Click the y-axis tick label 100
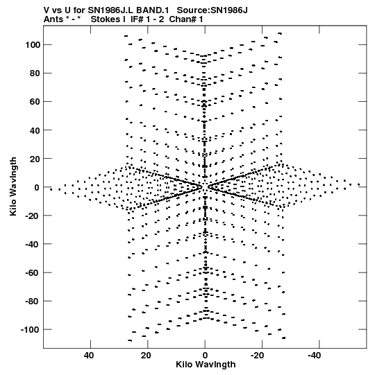pyautogui.click(x=33, y=45)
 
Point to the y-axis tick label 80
pyautogui.click(x=35, y=73)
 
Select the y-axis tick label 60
pyautogui.click(x=35, y=102)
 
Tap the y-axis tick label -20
pyautogui.click(x=33, y=216)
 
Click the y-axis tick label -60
pyautogui.click(x=33, y=272)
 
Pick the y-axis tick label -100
pyautogui.click(x=31, y=329)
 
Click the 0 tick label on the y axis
pyautogui.click(x=37, y=187)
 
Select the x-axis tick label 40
pyautogui.click(x=89, y=356)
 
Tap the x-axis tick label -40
pyautogui.click(x=315, y=356)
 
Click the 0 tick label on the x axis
pyautogui.click(x=205, y=356)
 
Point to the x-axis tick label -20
pyautogui.click(x=258, y=356)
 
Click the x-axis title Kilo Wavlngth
pyautogui.click(x=206, y=365)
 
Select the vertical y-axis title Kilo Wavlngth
pyautogui.click(x=13, y=186)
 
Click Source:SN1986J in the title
pyautogui.click(x=212, y=10)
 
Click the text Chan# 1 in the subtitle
pyautogui.click(x=186, y=19)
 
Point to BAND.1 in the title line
pyautogui.click(x=153, y=10)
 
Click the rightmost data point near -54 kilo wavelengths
pyautogui.click(x=359, y=184)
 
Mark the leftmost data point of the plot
pyautogui.click(x=51, y=189)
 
